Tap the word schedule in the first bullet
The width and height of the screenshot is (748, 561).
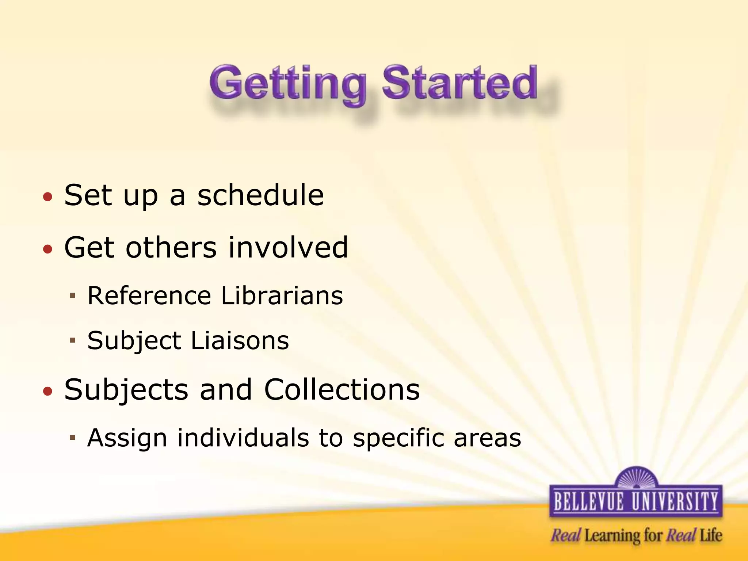[x=260, y=195]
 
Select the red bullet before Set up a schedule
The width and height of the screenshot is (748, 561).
[x=47, y=197]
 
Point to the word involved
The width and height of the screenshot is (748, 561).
[x=288, y=248]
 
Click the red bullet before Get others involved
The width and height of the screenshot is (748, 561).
[x=47, y=249]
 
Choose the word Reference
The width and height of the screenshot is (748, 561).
[x=149, y=295]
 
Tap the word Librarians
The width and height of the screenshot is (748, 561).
[x=282, y=295]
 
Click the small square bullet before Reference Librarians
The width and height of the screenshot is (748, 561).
[x=72, y=295]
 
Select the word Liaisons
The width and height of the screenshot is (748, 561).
[x=240, y=340]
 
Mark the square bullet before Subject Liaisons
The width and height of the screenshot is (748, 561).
[x=72, y=340]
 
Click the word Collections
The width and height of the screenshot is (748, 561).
[x=341, y=389]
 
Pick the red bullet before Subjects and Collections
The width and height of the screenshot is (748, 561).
[x=47, y=392]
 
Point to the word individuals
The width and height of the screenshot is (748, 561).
[x=243, y=437]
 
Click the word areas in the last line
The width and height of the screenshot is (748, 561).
[x=487, y=438]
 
